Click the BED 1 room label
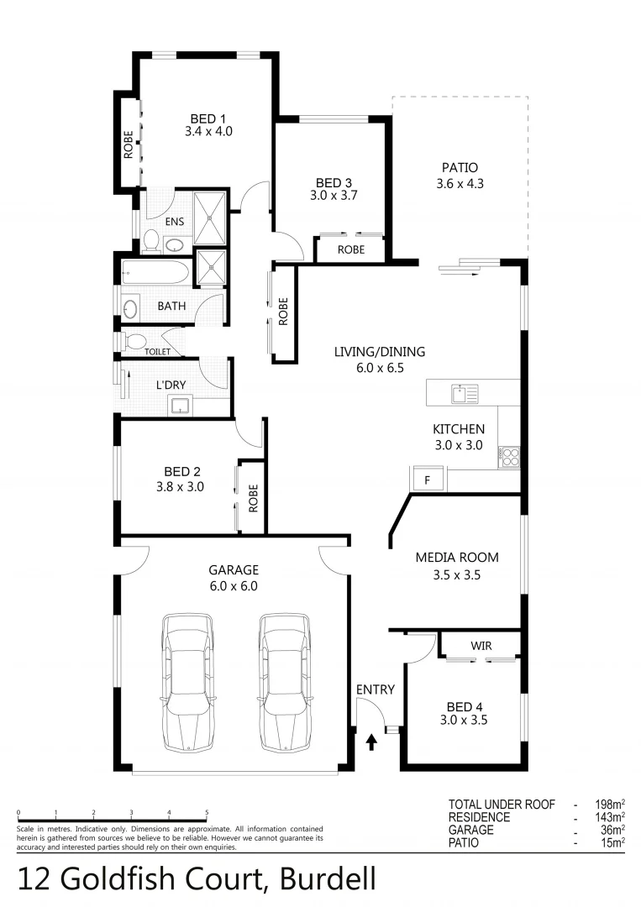pos(208,118)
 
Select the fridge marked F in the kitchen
pos(427,480)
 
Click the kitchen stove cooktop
pos(510,457)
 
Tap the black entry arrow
pos(371,742)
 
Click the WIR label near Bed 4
pos(481,646)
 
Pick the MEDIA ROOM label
pos(457,557)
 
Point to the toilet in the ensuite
pos(152,241)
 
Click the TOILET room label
pos(157,352)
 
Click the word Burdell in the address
pos(328,880)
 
